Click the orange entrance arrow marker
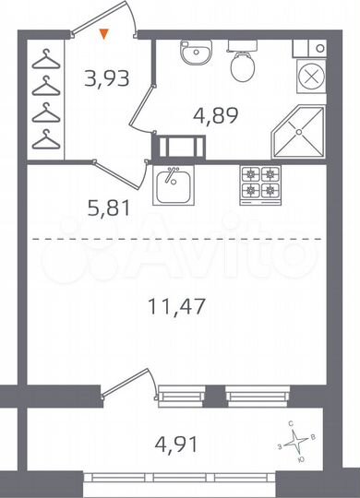click(104, 36)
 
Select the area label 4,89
click(211, 117)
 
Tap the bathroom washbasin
click(195, 53)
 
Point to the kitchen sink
click(171, 186)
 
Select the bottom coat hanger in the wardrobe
click(44, 140)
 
